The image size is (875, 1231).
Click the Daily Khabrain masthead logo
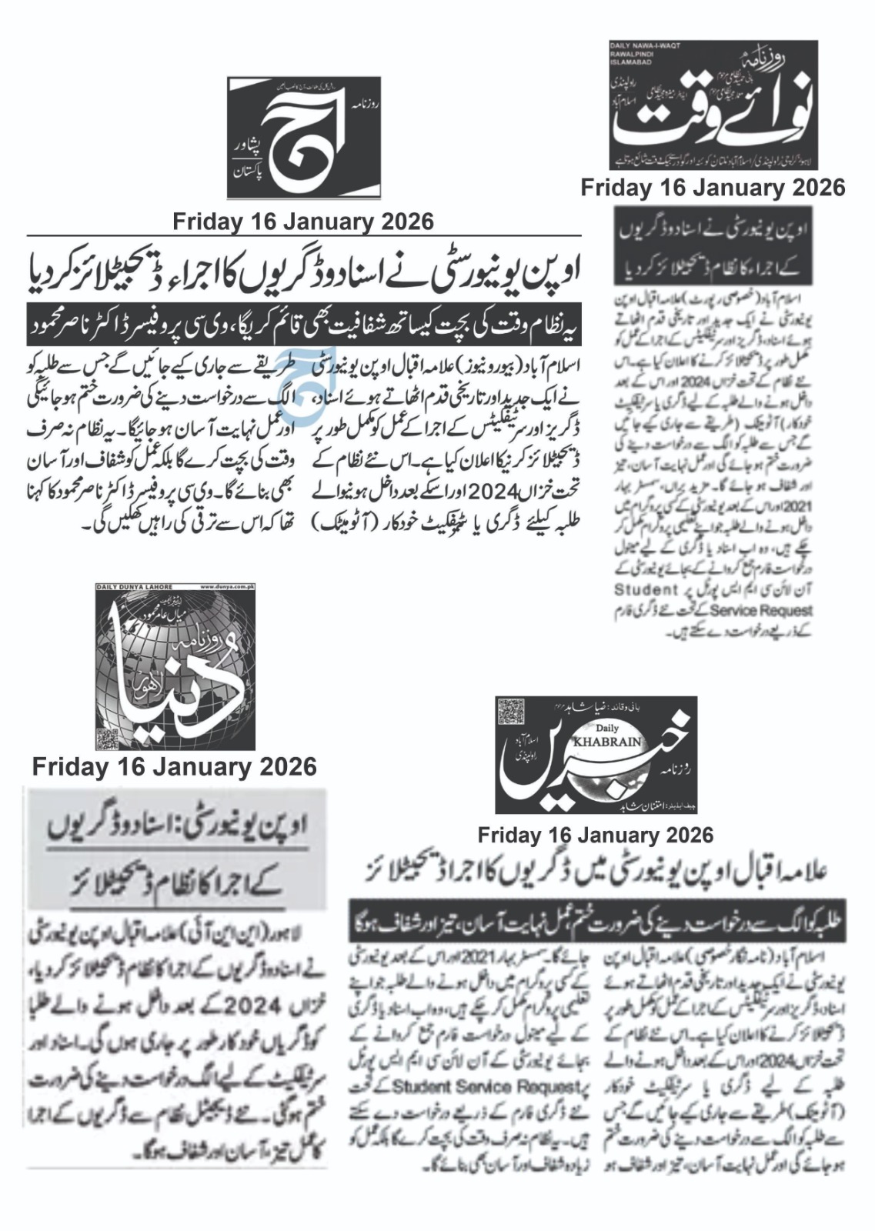click(596, 755)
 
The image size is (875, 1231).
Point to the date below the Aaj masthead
click(303, 222)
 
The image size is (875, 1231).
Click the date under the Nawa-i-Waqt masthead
click(713, 188)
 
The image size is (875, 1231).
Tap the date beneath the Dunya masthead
click(175, 766)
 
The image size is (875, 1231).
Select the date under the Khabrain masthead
click(595, 835)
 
